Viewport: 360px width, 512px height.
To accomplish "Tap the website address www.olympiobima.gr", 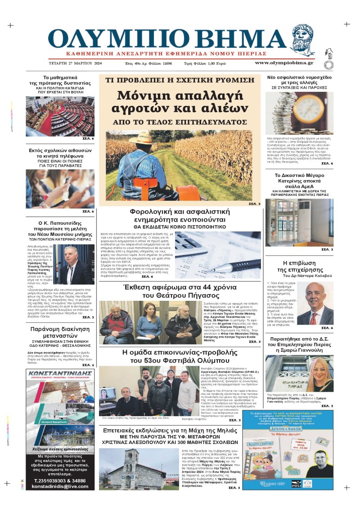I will pyautogui.click(x=284, y=63).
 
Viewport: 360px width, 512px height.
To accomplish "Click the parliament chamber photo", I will pyautogui.click(x=60, y=116).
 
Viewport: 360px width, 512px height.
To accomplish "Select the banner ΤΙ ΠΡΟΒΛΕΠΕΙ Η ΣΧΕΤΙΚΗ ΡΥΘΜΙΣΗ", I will pyautogui.click(x=180, y=80).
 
